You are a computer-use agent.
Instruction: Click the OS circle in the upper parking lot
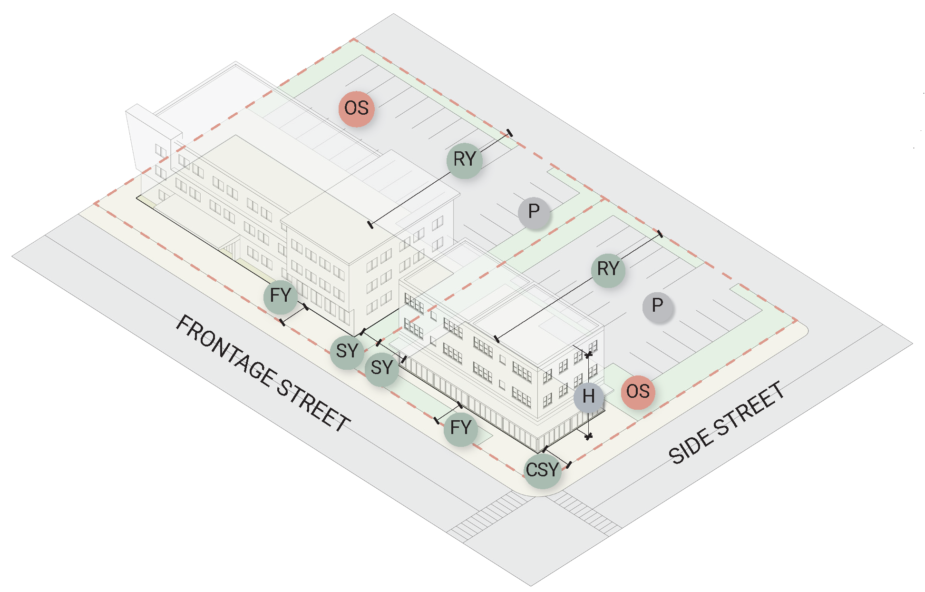pos(356,109)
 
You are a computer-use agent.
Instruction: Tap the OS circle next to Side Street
pos(638,392)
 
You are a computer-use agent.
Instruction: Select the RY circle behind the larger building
pos(465,160)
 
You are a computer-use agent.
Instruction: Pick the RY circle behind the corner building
pos(608,269)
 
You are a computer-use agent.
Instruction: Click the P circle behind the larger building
pos(534,212)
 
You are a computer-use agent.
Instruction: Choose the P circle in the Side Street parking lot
pos(658,306)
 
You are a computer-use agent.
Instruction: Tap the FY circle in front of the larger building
pos(281,296)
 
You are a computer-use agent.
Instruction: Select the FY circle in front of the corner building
pos(460,428)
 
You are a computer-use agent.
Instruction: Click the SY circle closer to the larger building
pos(347,352)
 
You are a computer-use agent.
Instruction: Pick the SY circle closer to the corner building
pos(382,368)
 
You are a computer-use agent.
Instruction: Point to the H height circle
pos(589,396)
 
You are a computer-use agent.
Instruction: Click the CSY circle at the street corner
pos(543,471)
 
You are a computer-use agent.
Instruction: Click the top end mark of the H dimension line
pos(589,355)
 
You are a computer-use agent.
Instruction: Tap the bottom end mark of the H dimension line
pos(589,436)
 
